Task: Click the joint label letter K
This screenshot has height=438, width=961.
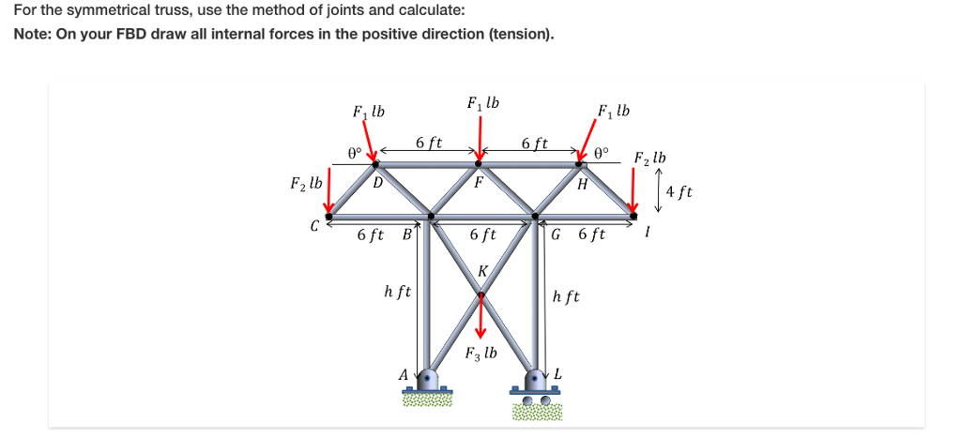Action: (482, 271)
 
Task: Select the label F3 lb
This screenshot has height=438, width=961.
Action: (481, 355)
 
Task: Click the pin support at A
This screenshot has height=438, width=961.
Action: (429, 381)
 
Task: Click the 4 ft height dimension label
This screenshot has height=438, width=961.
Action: (678, 192)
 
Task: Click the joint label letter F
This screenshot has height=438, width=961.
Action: (478, 183)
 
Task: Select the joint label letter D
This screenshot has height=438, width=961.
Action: (376, 182)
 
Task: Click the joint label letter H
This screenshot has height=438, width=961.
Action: (583, 184)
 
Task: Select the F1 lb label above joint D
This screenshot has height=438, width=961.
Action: (369, 112)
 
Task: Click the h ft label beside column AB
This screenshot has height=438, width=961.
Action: (397, 292)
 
